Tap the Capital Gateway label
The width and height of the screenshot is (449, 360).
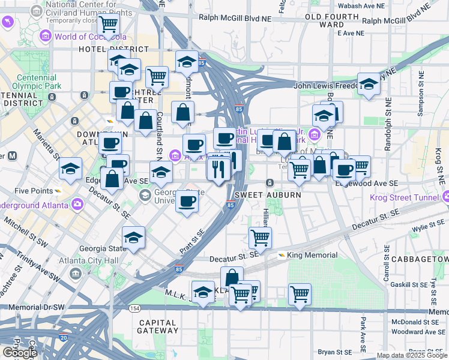click(157, 326)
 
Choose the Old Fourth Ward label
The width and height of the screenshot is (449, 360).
click(324, 20)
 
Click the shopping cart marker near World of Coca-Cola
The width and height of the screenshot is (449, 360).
click(109, 25)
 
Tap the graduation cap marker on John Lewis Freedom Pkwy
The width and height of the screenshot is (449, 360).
click(369, 84)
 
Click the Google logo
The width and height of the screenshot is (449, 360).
click(19, 352)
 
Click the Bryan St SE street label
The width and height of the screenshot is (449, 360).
click(335, 352)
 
